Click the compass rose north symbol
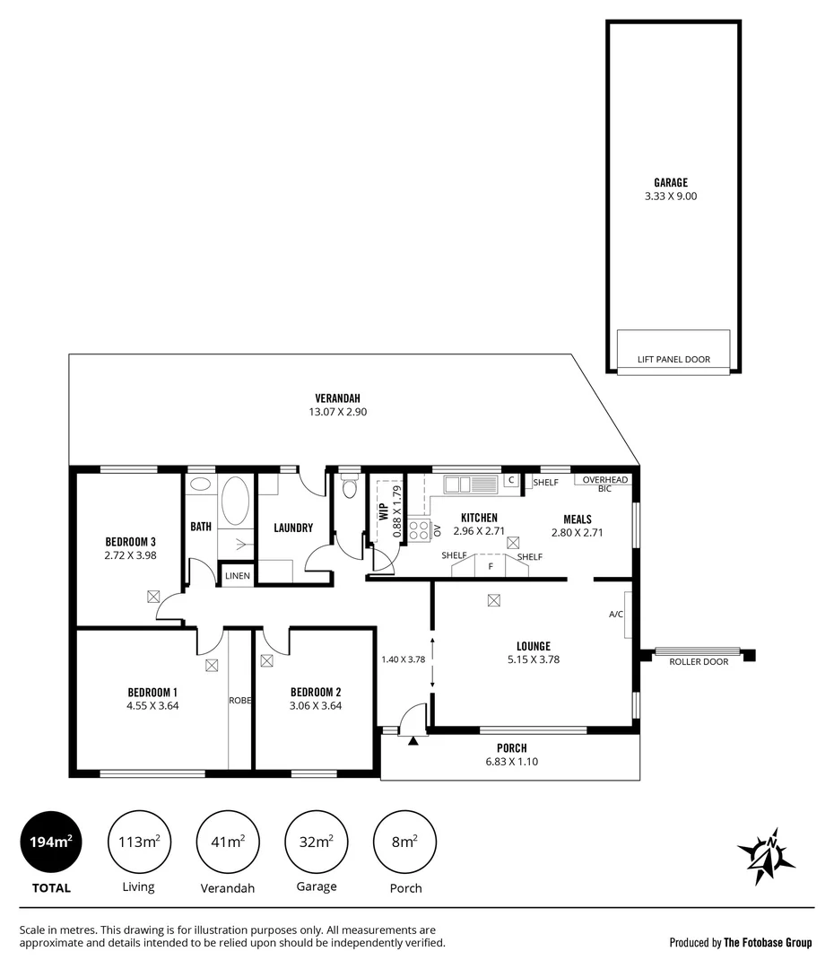coord(766,856)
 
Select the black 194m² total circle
coord(50,842)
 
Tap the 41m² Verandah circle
coord(227,842)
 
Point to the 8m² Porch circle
coord(404,842)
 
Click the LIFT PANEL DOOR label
coord(673,360)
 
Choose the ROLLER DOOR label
coord(698,662)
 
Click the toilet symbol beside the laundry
coord(349,487)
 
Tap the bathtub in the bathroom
coord(236,501)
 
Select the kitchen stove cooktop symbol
coord(419,529)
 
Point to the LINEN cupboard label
coord(238,575)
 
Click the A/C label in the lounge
coord(616,615)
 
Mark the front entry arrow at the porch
coord(413,740)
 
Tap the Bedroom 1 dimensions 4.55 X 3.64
coord(152,706)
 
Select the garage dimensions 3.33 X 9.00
coord(670,196)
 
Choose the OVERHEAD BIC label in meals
coord(604,484)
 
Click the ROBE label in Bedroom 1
coord(239,700)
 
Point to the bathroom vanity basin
coord(201,484)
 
